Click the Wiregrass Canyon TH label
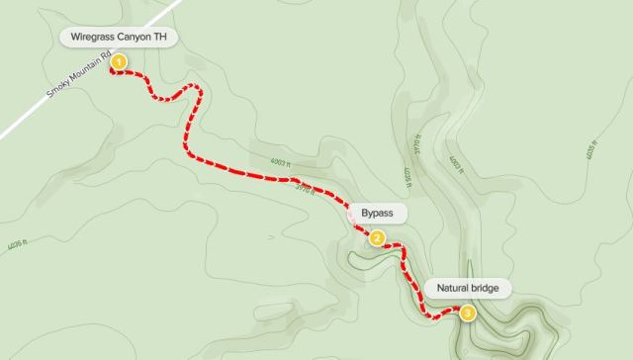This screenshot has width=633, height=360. [x=122, y=38]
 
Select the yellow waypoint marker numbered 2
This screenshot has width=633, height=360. [x=377, y=237]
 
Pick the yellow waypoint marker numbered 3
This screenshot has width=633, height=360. [x=467, y=313]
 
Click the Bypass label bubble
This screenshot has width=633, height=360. [x=376, y=213]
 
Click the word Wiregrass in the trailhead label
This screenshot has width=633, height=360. [x=95, y=38]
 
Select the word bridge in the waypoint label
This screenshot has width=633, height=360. [x=489, y=289]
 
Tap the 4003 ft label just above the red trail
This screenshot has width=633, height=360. [x=281, y=163]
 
